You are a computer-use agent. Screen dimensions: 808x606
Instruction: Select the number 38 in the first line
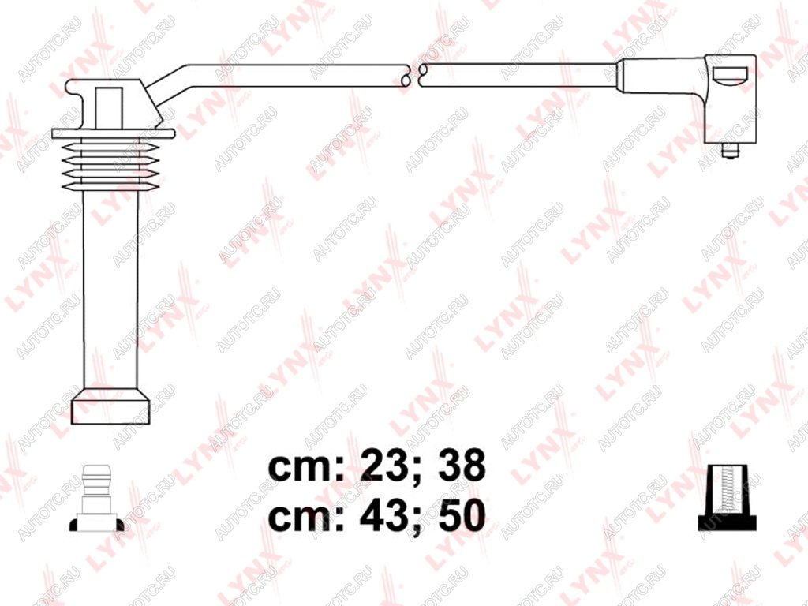click(461, 465)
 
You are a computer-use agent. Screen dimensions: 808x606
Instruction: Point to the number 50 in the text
click(461, 515)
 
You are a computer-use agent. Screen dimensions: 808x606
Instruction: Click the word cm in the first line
click(301, 468)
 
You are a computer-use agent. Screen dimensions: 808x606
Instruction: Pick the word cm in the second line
click(301, 518)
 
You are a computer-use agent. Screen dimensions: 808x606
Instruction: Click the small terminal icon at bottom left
click(96, 498)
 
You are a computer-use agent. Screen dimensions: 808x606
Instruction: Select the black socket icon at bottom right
click(727, 497)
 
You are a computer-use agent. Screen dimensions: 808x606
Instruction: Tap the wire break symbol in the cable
click(415, 76)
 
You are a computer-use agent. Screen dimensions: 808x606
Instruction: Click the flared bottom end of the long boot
click(110, 406)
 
